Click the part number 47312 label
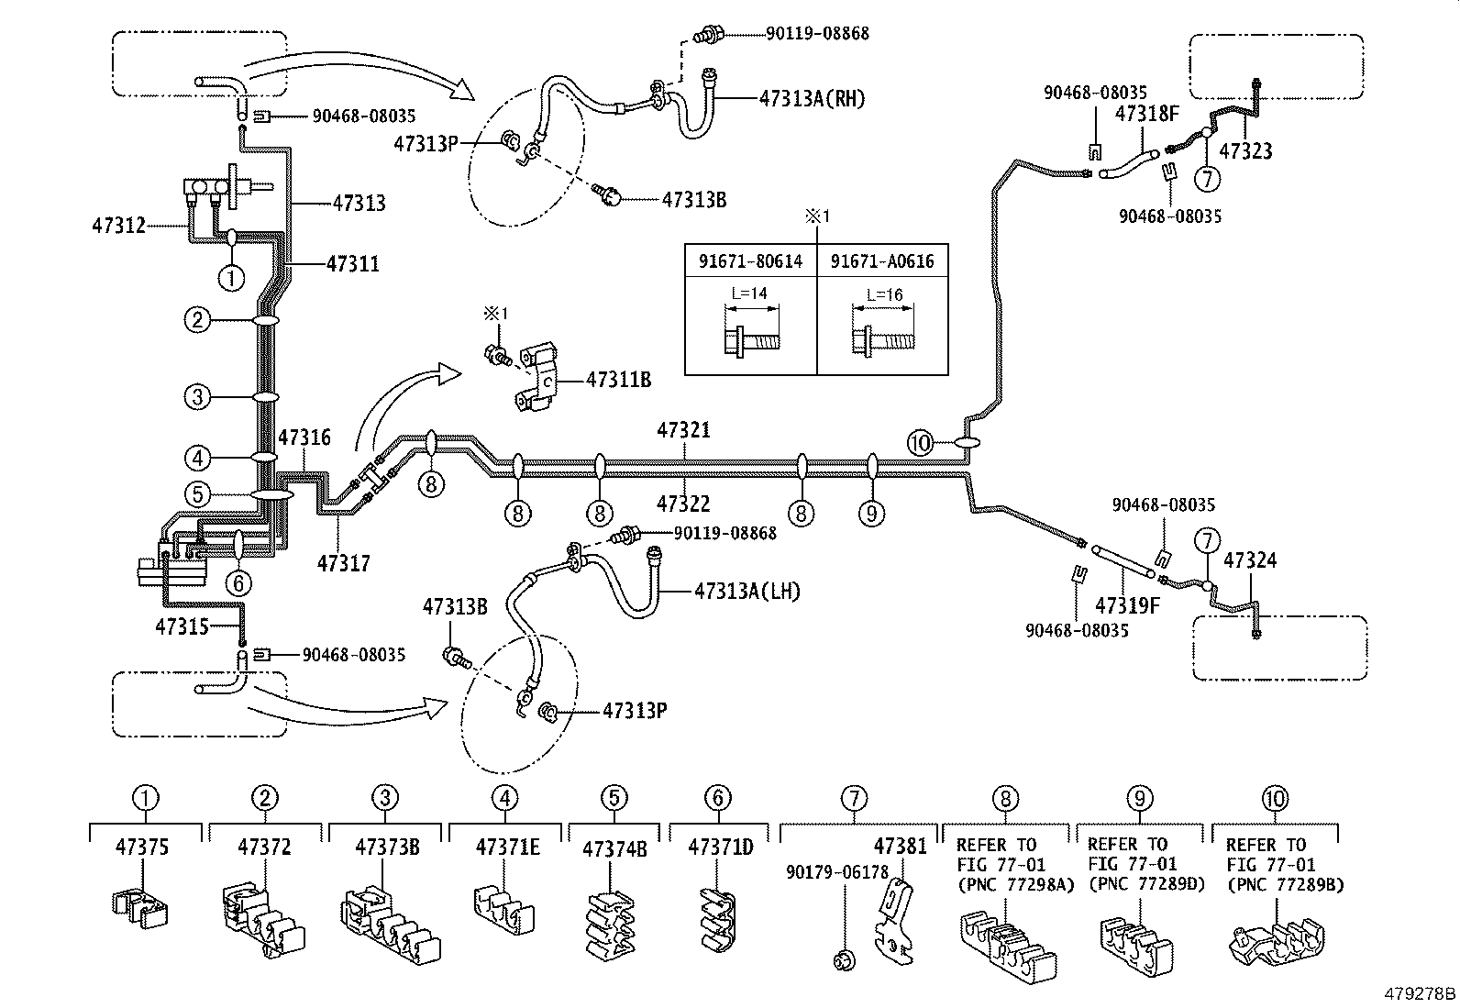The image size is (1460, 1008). (118, 225)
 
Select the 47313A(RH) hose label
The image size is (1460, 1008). (812, 98)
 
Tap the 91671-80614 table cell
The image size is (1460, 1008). (751, 261)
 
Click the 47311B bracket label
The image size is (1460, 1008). (618, 378)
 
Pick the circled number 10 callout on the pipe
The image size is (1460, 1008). (920, 443)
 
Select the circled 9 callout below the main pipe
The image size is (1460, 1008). (871, 513)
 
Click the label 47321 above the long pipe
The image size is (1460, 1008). (683, 430)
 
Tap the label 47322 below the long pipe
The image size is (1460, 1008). (683, 503)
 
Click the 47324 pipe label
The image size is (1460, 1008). (1250, 559)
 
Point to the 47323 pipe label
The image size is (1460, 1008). (1247, 150)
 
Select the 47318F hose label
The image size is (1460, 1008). (1145, 114)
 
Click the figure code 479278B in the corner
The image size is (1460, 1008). (1420, 993)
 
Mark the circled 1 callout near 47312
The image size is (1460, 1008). (231, 276)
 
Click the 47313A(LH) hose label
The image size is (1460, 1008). (747, 592)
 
